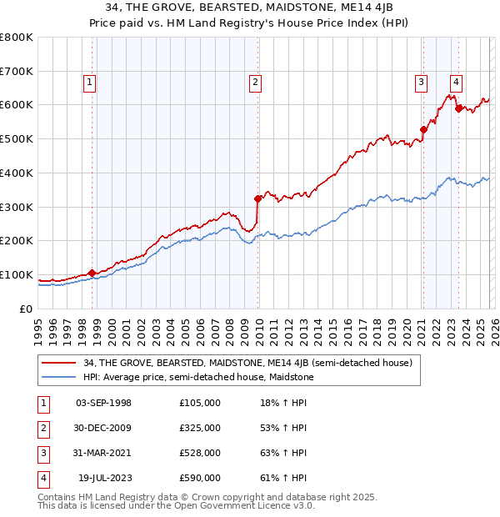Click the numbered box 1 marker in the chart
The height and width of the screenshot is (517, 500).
click(89, 82)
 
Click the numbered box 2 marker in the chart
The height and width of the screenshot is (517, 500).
click(254, 82)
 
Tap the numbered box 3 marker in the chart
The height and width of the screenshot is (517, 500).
click(422, 82)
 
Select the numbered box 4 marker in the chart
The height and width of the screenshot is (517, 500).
click(457, 82)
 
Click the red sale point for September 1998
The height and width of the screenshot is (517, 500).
click(92, 273)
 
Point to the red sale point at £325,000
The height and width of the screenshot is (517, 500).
click(257, 198)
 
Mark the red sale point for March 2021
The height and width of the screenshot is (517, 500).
click(423, 129)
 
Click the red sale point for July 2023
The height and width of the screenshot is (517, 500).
click(457, 108)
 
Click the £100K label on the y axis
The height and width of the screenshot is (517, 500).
click(17, 275)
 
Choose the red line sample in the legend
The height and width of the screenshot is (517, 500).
click(60, 363)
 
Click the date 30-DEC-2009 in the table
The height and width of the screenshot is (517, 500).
click(103, 428)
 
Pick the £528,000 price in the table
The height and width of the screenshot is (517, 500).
click(200, 453)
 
